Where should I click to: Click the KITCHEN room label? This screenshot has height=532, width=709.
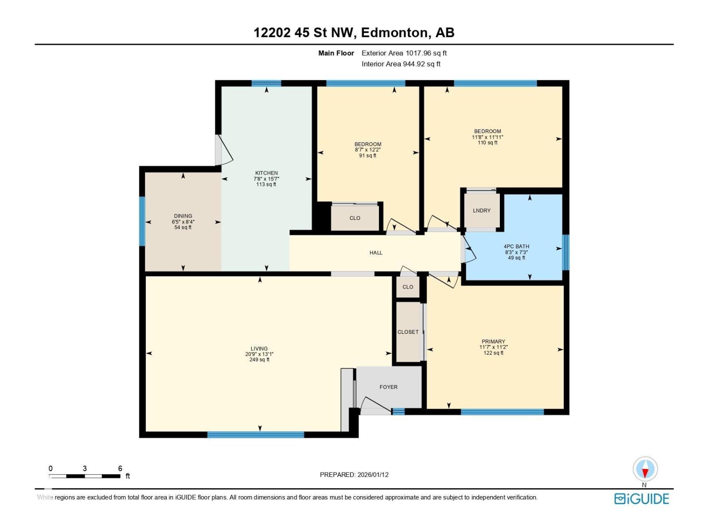point(266,173)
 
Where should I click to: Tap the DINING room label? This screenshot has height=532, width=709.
point(183,216)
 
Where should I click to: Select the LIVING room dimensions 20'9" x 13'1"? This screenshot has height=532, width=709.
point(259,354)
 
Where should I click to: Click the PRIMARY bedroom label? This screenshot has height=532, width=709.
point(493,341)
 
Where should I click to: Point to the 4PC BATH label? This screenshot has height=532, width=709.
point(516,246)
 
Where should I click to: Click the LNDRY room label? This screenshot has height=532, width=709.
point(481,211)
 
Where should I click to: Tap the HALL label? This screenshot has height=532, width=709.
point(376,253)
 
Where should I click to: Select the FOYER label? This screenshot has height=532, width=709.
point(388,387)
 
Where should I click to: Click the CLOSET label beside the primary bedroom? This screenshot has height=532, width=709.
point(408,332)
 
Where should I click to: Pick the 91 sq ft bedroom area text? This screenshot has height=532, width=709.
point(367,156)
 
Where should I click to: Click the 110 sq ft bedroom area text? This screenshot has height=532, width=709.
point(487,143)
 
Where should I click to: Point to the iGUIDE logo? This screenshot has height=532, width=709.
point(641,499)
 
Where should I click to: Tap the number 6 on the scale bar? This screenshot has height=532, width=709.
point(120,468)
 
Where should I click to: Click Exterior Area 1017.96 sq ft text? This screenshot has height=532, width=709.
point(404,53)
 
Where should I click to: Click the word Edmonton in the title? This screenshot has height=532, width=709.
point(394,33)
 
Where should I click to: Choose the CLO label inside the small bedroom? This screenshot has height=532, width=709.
point(354,218)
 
